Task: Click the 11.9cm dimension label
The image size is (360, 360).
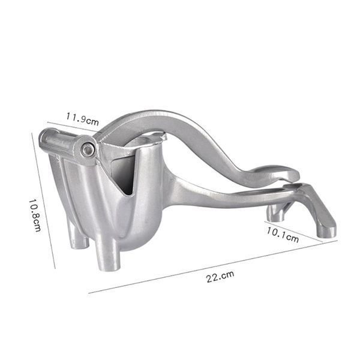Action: pyautogui.click(x=82, y=119)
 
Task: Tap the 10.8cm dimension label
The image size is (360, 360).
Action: pyautogui.click(x=35, y=215)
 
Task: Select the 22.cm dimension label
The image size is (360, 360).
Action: pyautogui.click(x=220, y=277)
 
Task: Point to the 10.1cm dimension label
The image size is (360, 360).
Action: pyautogui.click(x=283, y=235)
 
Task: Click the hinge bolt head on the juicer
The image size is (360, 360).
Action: pyautogui.click(x=88, y=150)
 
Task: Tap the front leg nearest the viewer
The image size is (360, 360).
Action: pyautogui.click(x=107, y=254)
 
